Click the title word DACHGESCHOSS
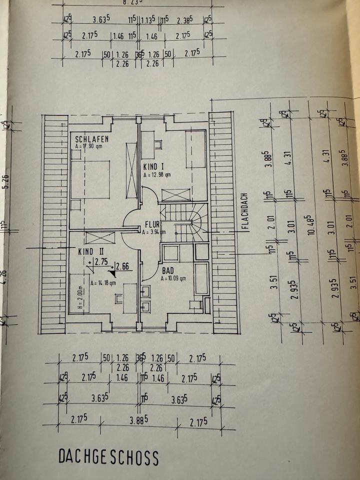(108, 457)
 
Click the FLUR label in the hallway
(152, 224)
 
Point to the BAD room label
(167, 270)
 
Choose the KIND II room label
(90, 252)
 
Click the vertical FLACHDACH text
(245, 211)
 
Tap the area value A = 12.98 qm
(157, 175)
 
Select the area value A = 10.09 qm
(173, 278)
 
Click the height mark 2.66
(123, 266)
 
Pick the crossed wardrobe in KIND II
(100, 237)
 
